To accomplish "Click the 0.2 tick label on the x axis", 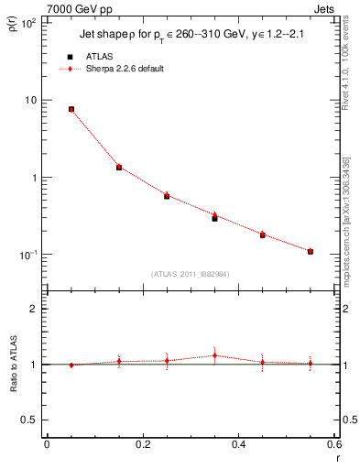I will click(x=142, y=445).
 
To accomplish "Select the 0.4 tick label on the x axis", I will click(x=238, y=445).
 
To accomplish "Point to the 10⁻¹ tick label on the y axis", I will click(x=27, y=254).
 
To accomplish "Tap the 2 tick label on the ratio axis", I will click(x=34, y=310).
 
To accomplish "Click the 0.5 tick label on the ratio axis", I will click(x=30, y=420).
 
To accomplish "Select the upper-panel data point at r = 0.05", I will click(x=71, y=109).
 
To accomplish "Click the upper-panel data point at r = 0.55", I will click(x=311, y=251).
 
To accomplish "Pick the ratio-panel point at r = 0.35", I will click(x=214, y=355).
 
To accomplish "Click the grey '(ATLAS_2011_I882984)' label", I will click(x=191, y=274).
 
